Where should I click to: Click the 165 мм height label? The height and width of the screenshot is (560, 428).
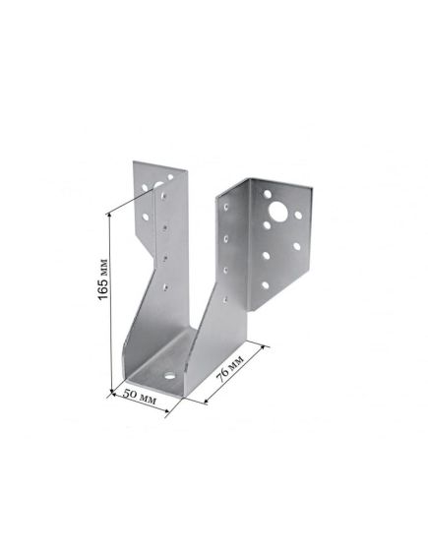click(x=102, y=279)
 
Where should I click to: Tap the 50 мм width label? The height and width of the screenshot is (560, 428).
click(x=140, y=397)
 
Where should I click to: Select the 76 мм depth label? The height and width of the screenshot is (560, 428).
click(x=231, y=368)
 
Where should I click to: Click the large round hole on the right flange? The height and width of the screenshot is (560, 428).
click(x=278, y=211)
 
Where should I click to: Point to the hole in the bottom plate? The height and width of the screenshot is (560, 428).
click(x=169, y=375)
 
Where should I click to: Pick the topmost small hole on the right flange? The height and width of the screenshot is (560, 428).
click(x=267, y=194)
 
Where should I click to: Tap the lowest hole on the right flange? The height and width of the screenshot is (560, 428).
click(x=266, y=285)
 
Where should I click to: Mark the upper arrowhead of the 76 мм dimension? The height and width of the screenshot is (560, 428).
click(x=264, y=347)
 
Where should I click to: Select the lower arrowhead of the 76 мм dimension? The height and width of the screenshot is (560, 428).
click(x=206, y=402)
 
